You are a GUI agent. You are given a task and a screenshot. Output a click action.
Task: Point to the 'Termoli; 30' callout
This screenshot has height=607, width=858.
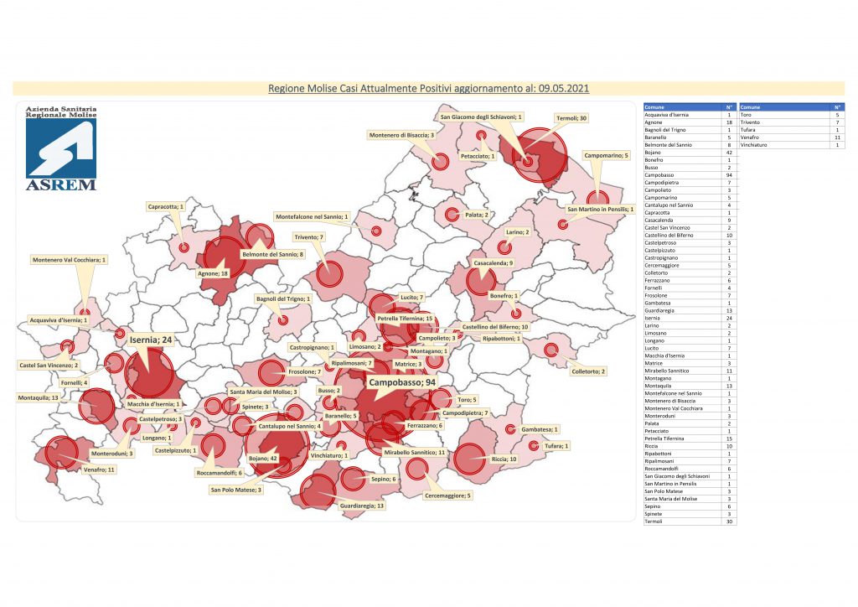tap(570, 118)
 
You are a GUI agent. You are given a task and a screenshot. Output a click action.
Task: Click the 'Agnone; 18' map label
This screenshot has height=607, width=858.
tap(214, 273)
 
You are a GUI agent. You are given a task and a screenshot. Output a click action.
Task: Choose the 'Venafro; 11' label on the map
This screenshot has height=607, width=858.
tap(99, 470)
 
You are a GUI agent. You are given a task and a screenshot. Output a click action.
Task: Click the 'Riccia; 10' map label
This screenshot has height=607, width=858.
tap(505, 459)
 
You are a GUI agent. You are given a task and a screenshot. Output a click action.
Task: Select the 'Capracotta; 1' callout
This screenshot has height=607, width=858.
tap(165, 206)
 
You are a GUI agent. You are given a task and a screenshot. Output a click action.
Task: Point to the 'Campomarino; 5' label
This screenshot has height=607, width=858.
tap(607, 155)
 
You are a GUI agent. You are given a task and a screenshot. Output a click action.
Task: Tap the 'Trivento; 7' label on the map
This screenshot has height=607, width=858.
tap(309, 237)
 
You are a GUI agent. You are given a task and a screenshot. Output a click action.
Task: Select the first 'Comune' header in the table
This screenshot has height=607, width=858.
tap(655, 107)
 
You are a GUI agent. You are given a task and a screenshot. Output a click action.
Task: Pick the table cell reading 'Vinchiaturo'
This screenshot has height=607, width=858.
tap(757, 145)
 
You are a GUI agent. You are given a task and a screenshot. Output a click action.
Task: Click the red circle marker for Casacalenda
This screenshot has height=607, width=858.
tap(481, 281)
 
